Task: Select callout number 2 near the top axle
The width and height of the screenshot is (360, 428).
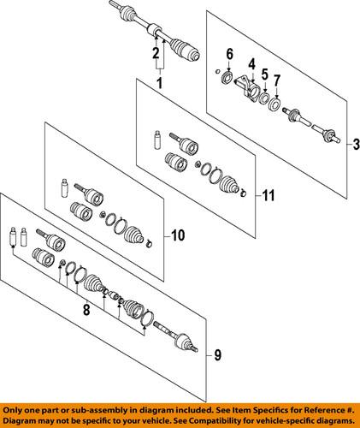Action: point(156,54)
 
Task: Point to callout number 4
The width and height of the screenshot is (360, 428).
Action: point(252,62)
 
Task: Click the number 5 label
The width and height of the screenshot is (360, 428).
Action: point(265,74)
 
